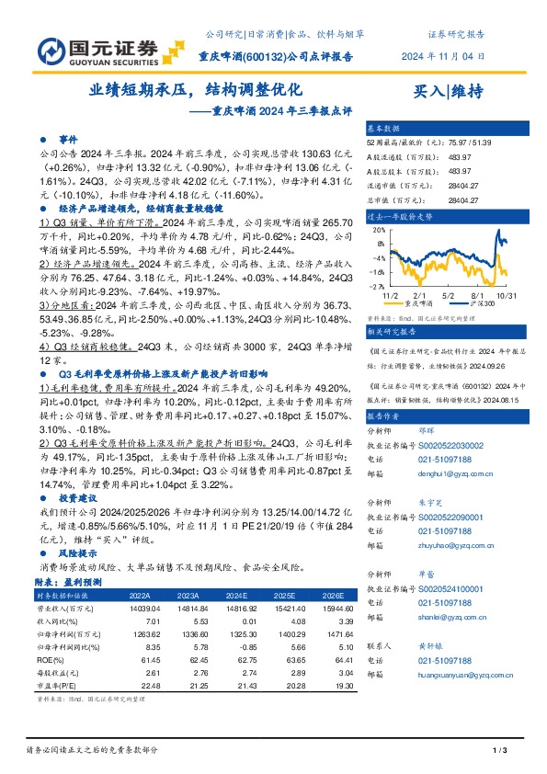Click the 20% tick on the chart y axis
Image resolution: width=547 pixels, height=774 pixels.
[x=377, y=232]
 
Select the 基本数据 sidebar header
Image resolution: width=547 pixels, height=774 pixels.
[x=383, y=127]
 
